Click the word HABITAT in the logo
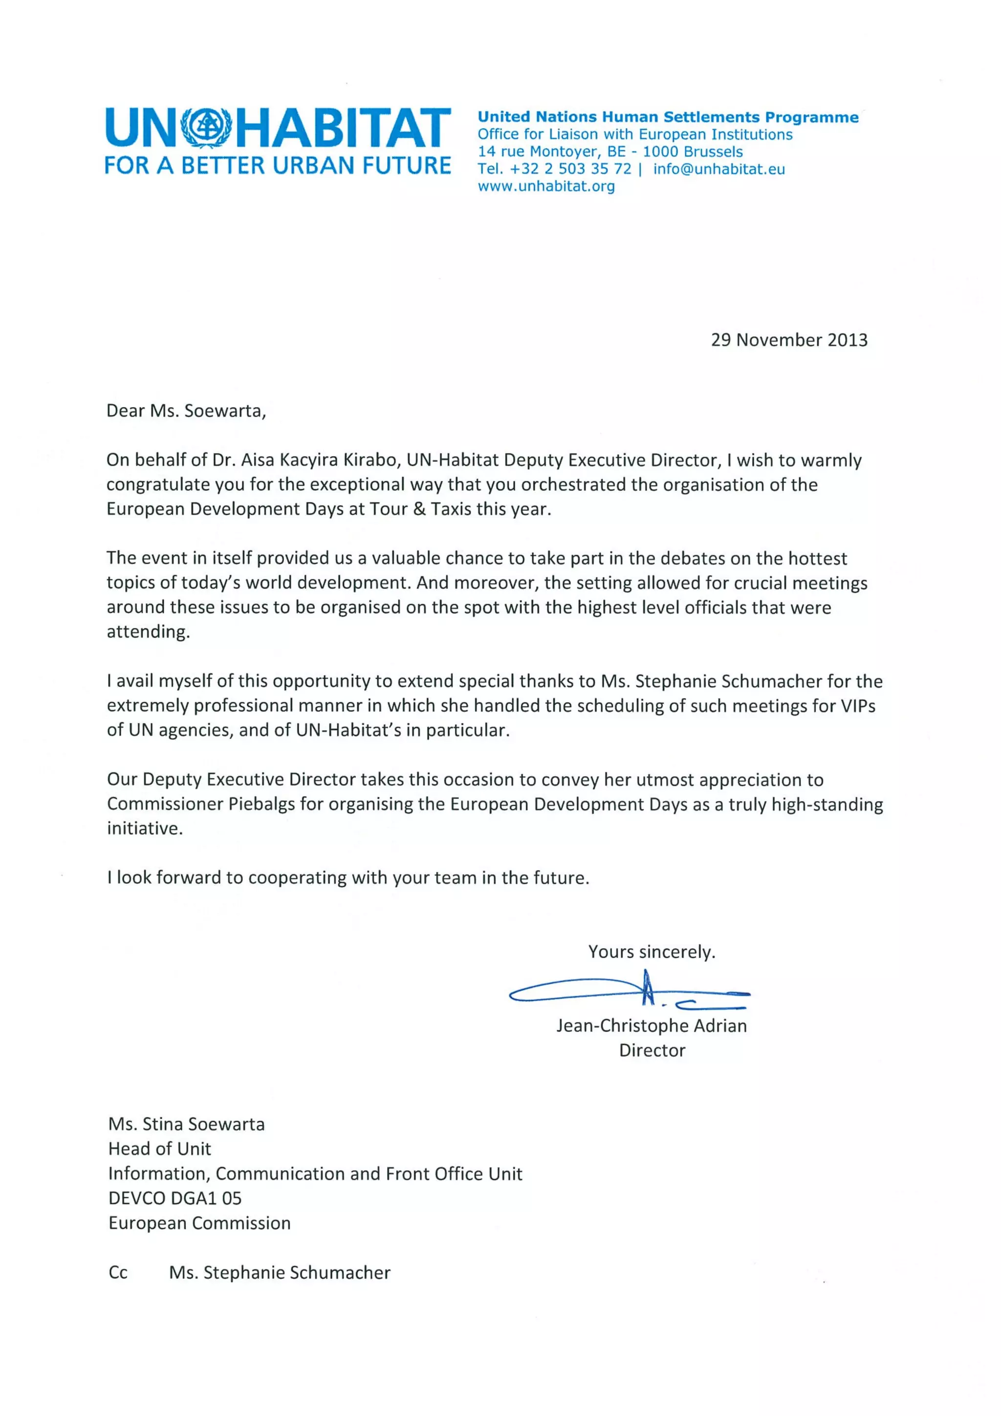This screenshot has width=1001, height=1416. pos(344,128)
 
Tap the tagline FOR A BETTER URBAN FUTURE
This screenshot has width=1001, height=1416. pos(278,165)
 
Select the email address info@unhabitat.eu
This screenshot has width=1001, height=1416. pos(718,169)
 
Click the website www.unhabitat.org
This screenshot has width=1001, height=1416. pos(546,186)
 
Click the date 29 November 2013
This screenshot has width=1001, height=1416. pos(789,340)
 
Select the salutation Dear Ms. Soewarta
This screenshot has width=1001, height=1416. pos(186,411)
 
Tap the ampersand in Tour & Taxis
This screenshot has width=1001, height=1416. pos(419,509)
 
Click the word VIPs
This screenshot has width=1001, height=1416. pos(858,705)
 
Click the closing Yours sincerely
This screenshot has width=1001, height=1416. pos(652,952)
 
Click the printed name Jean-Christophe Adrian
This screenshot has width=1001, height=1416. pos(652,1025)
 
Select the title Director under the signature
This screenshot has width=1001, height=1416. pos(652,1050)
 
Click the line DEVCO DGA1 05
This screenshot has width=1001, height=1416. pos(174,1198)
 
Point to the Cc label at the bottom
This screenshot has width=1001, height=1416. pos(118,1272)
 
